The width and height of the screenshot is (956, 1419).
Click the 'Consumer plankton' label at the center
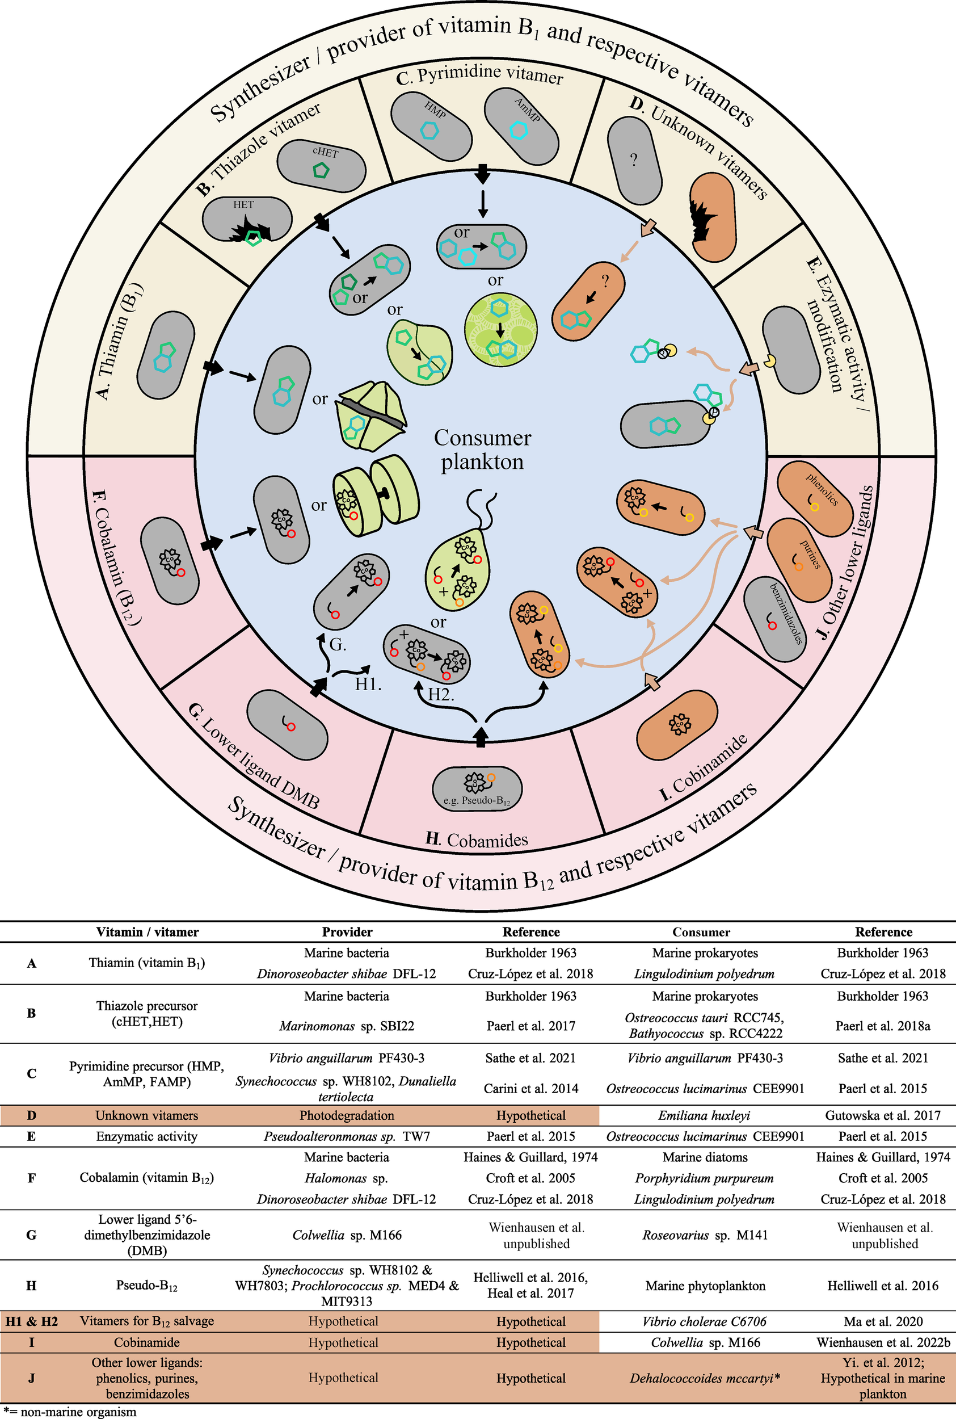click(x=482, y=450)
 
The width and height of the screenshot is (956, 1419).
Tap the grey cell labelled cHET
click(x=321, y=165)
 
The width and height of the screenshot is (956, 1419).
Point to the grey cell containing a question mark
click(x=635, y=161)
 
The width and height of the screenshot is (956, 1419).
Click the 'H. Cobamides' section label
click(x=477, y=840)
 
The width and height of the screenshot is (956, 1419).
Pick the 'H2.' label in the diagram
click(x=441, y=694)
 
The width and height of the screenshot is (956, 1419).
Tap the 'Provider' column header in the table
click(x=347, y=932)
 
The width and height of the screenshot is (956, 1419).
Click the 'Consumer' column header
click(x=701, y=932)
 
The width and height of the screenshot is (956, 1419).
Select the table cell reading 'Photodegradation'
click(x=346, y=1115)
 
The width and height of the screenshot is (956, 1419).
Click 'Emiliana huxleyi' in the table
click(x=704, y=1115)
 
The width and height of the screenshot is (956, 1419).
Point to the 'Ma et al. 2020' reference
click(x=883, y=1321)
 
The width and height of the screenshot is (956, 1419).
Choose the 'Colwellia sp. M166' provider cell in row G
click(x=347, y=1235)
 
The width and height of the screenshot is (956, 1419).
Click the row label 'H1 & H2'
click(x=32, y=1321)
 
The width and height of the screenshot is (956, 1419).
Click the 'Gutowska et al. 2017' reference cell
click(x=883, y=1115)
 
